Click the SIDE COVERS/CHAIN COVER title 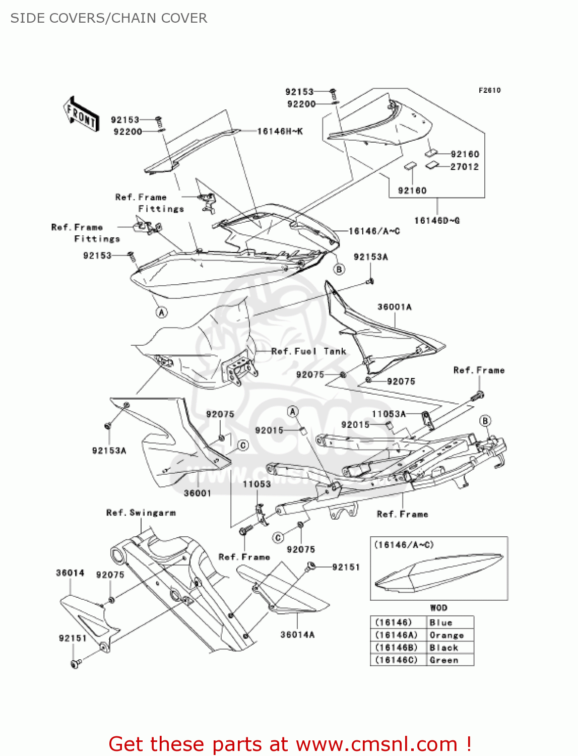click(x=108, y=18)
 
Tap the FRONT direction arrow click(x=81, y=115)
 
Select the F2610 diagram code click(x=489, y=90)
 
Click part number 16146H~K click(x=280, y=132)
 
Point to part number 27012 click(x=464, y=167)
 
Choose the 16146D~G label click(x=436, y=220)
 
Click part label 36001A click(x=394, y=307)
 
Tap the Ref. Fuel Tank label click(x=308, y=351)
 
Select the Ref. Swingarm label click(x=141, y=513)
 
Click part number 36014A click(x=297, y=635)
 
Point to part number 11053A click(x=389, y=414)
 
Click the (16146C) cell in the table click(x=397, y=660)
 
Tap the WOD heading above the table click(x=438, y=608)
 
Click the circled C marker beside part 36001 click(x=243, y=446)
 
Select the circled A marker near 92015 click(x=293, y=412)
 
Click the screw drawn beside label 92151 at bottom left click(x=76, y=664)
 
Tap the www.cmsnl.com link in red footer click(x=376, y=744)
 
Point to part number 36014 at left click(x=70, y=573)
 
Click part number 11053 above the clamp click(x=256, y=484)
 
